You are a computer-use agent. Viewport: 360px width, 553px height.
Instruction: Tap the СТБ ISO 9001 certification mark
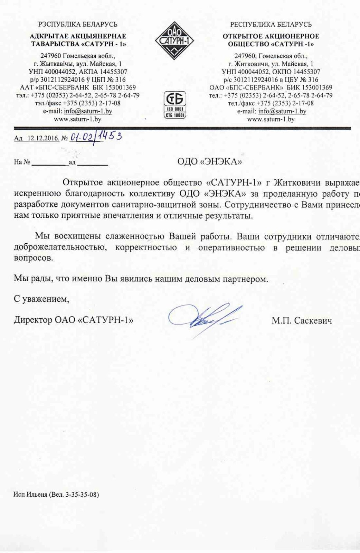(x=175, y=105)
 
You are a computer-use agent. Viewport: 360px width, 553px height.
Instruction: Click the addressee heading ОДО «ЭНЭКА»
(x=209, y=161)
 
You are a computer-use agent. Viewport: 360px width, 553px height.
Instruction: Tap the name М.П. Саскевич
(x=302, y=321)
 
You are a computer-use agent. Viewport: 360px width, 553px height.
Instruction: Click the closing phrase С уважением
(x=41, y=299)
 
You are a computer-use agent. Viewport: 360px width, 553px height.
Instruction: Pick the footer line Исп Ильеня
(x=56, y=495)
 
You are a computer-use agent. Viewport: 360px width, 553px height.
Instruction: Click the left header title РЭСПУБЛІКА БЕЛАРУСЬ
(x=78, y=25)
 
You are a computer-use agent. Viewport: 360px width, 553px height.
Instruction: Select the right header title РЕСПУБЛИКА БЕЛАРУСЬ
(x=271, y=25)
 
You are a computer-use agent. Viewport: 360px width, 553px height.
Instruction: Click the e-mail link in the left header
(x=88, y=111)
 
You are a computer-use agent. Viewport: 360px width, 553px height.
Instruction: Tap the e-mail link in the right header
(x=282, y=111)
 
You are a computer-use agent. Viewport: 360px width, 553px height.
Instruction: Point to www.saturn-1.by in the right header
(x=271, y=119)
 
